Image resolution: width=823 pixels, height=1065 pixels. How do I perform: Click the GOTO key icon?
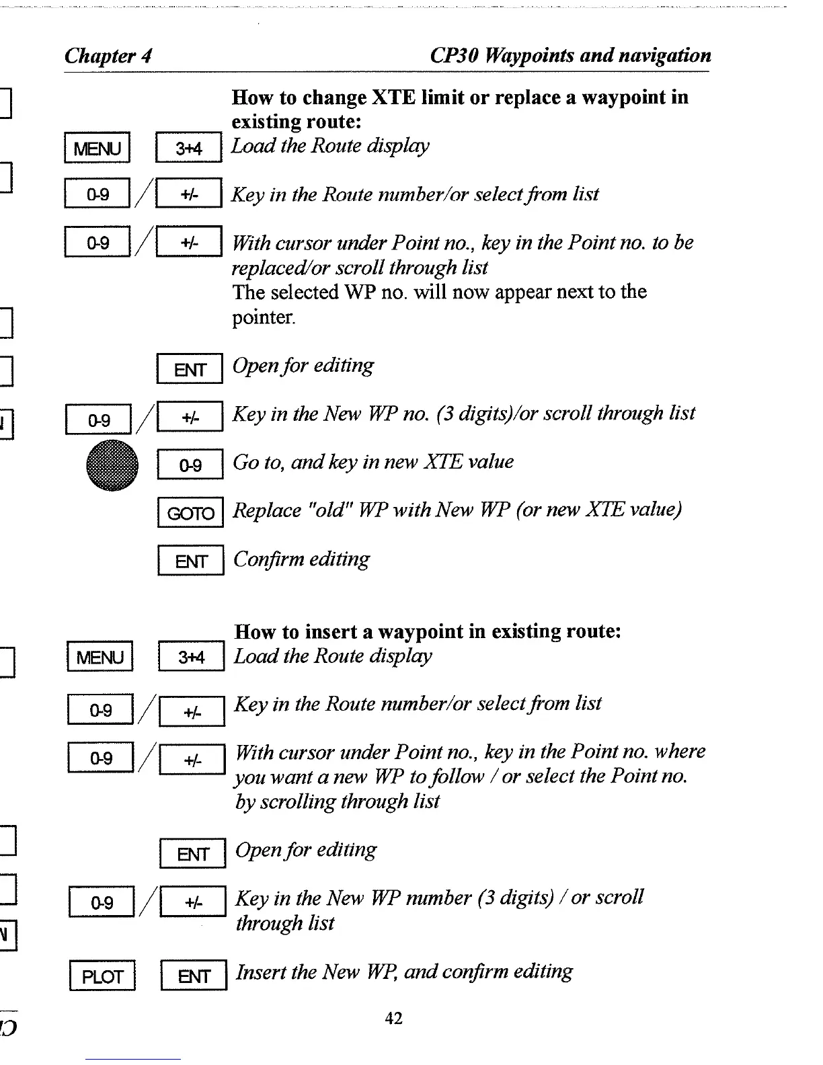190,514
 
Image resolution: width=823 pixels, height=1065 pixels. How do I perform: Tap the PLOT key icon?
102,976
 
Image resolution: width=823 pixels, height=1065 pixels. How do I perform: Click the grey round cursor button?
112,465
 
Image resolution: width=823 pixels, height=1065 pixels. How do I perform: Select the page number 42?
393,1019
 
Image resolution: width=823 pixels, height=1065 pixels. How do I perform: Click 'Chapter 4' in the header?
108,55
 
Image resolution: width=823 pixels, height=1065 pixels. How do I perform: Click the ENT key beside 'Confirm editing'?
190,561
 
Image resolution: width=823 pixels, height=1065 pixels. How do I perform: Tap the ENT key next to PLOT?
193,976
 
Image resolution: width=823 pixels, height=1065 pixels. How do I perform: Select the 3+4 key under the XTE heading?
189,148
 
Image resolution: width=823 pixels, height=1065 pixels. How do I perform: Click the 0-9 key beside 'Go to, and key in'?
190,465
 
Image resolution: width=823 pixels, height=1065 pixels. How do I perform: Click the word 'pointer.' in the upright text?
264,317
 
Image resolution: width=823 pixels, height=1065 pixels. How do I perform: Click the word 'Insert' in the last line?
260,972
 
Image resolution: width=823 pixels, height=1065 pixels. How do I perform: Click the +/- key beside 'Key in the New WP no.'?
189,417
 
